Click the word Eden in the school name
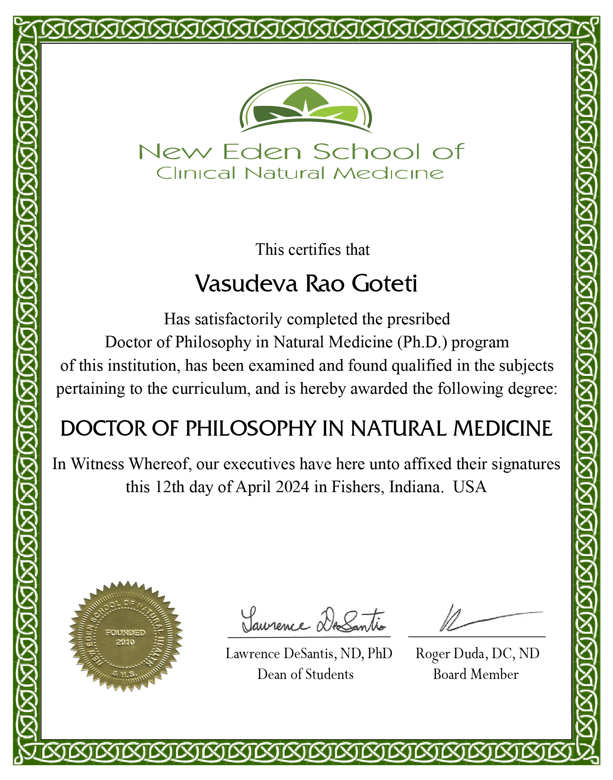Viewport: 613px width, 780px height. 262,152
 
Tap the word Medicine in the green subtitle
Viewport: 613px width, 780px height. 389,173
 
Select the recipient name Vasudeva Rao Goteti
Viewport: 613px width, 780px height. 306,284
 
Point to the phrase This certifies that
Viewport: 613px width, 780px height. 312,250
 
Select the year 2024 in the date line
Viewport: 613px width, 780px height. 292,487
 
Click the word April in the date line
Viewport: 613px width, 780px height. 253,487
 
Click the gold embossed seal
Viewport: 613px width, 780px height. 126,637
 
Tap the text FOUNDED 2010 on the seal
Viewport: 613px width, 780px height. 125,637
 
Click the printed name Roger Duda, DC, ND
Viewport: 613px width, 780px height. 477,654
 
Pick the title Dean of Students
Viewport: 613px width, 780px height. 305,674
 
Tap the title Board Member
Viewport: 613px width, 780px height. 476,674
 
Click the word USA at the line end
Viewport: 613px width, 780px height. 470,487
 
